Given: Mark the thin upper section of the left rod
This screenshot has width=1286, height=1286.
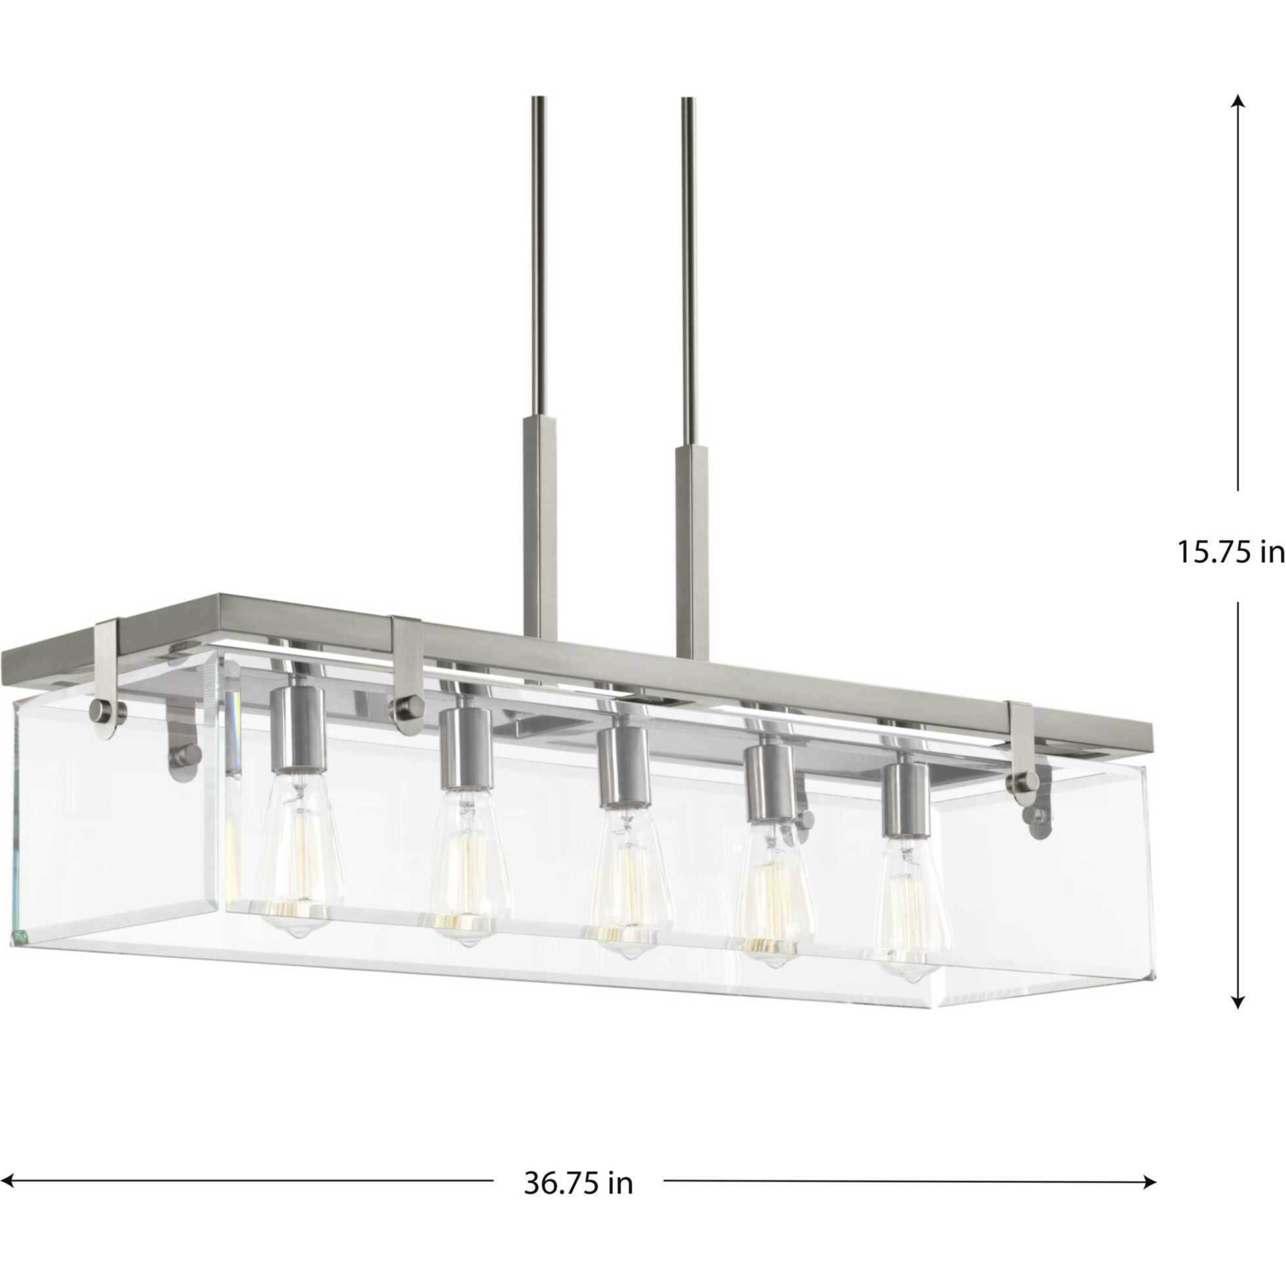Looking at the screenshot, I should pos(537,253).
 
